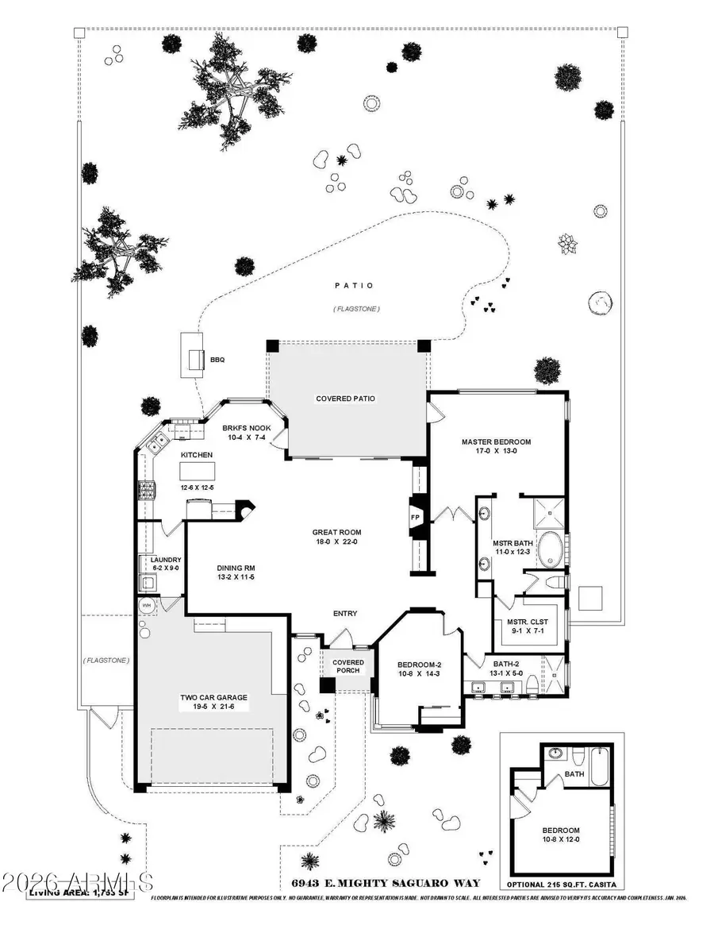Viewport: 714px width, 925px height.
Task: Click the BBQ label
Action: pyautogui.click(x=217, y=360)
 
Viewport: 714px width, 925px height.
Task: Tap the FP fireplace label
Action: pyautogui.click(x=414, y=517)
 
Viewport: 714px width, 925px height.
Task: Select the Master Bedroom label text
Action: pyautogui.click(x=496, y=441)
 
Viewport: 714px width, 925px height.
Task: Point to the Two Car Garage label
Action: pyautogui.click(x=213, y=698)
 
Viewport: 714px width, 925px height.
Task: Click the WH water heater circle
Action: pyautogui.click(x=146, y=605)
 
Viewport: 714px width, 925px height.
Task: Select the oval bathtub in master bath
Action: pyautogui.click(x=549, y=548)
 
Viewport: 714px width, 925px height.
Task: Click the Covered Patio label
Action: pyautogui.click(x=345, y=399)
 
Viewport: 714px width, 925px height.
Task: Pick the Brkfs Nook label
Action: pyautogui.click(x=247, y=428)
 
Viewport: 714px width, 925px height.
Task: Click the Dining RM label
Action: pyautogui.click(x=235, y=568)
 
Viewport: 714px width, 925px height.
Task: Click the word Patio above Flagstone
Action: pyautogui.click(x=354, y=286)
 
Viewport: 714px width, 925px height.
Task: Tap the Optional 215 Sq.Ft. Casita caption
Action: pyautogui.click(x=561, y=885)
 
